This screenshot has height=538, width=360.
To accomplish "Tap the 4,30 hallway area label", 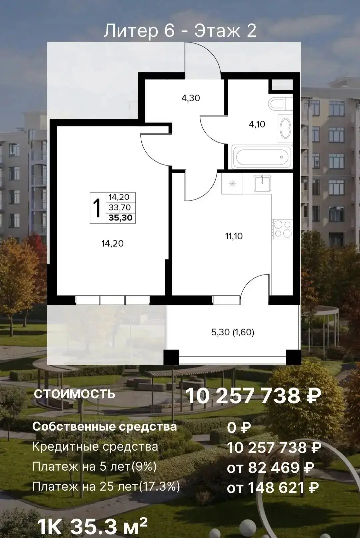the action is (191, 98).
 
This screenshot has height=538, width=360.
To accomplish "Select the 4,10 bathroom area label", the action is (257, 124).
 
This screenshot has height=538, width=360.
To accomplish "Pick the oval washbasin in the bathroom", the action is (285, 128).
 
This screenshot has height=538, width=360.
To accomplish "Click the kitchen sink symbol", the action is (262, 183).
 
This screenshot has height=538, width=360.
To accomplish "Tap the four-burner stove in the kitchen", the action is (283, 229).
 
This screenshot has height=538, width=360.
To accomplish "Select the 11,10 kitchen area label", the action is (234, 236).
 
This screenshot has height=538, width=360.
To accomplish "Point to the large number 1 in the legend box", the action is (98, 208).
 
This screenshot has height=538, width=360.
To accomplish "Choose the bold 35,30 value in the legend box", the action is (121, 218).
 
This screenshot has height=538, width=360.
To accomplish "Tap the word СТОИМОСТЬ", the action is (74, 394).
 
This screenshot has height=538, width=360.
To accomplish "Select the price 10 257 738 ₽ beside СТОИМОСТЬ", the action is (253, 396).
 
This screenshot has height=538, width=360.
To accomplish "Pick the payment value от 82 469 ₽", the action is (270, 468).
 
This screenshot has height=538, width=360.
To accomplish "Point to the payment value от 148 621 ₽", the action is (273, 488).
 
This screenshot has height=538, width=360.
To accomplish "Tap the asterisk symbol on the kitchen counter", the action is (232, 184).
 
